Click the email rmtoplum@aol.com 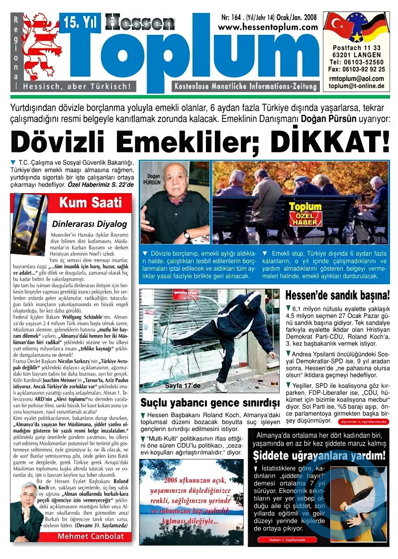[x=356, y=79]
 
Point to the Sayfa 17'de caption [x=182, y=385]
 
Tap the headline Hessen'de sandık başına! [x=337, y=296]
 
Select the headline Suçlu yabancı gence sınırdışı [x=208, y=402]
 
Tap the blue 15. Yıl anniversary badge [x=80, y=21]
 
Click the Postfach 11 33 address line [x=356, y=47]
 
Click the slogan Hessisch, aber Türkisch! [x=77, y=86]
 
